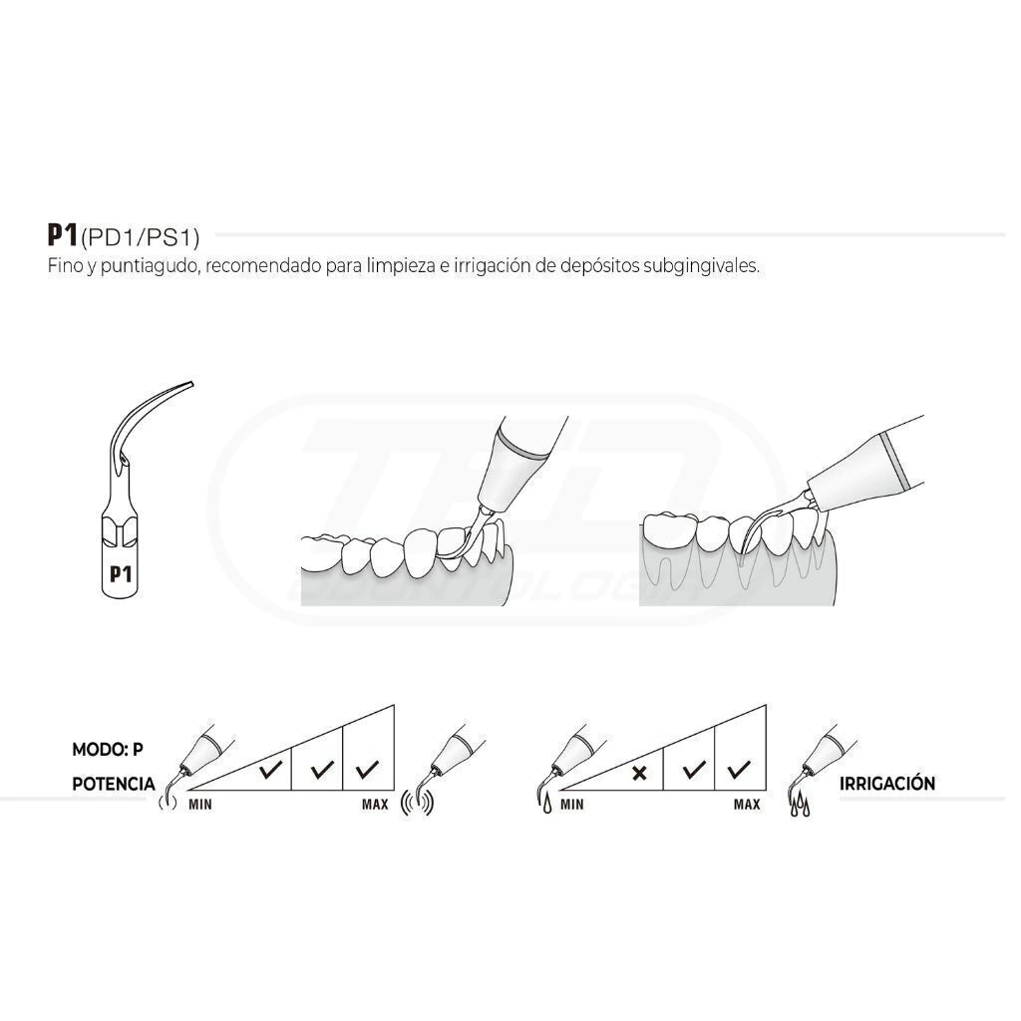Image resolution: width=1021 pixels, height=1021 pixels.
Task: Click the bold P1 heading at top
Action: [63, 235]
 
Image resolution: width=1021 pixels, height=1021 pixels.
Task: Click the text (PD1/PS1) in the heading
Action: [140, 237]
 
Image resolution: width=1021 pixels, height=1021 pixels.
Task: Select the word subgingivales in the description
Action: [701, 266]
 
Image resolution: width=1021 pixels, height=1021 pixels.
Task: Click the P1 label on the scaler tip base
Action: [121, 574]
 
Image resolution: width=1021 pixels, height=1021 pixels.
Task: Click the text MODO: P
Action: [108, 750]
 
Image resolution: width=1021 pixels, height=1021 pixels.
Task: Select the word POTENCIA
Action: [114, 784]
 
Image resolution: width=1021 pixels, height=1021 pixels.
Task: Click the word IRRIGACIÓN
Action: [886, 784]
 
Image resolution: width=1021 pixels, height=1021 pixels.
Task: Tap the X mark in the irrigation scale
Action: [639, 773]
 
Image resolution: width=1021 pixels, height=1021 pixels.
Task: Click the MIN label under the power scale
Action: [200, 805]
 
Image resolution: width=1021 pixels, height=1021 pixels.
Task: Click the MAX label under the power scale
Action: [375, 805]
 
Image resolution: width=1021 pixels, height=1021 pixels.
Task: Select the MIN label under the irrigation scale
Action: [572, 805]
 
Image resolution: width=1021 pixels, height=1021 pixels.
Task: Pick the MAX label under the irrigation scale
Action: [747, 805]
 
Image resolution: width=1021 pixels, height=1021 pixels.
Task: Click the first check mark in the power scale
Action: [270, 770]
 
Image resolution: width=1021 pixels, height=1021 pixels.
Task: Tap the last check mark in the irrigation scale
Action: [739, 770]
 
